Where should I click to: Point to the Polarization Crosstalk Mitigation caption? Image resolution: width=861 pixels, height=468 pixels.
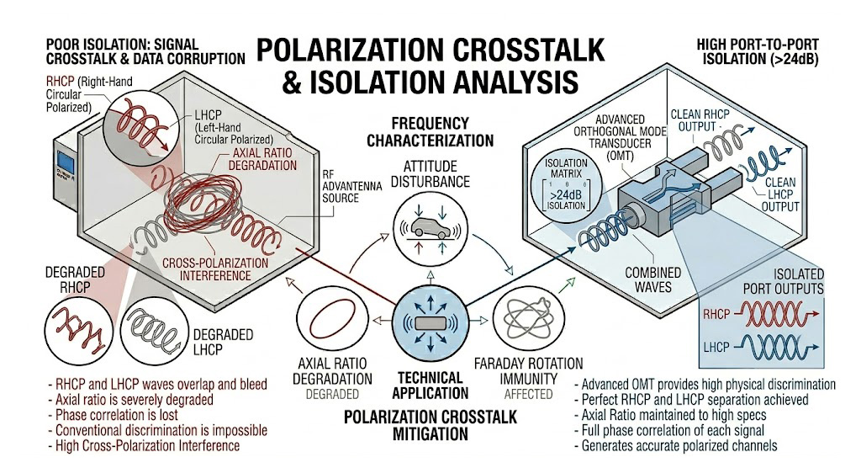click(x=429, y=426)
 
